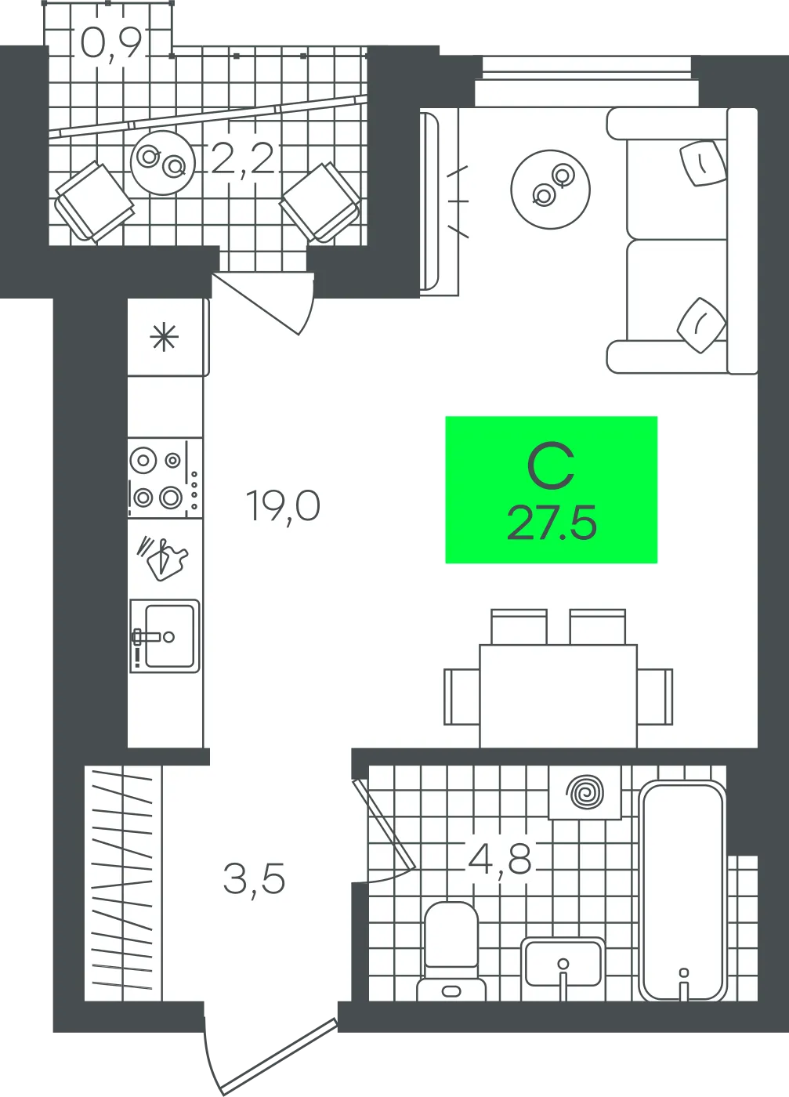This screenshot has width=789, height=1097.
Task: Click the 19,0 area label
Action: click(284, 507)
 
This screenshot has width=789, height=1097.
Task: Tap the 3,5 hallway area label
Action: click(254, 879)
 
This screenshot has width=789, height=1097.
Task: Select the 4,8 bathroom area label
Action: click(500, 860)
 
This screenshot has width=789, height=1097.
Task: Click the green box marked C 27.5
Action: click(551, 490)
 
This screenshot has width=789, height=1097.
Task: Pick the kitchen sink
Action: click(165, 635)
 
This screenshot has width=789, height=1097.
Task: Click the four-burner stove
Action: click(165, 478)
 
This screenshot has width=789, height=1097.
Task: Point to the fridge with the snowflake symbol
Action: click(167, 337)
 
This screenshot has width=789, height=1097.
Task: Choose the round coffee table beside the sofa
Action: click(551, 189)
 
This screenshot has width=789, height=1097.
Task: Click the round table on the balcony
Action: click(163, 163)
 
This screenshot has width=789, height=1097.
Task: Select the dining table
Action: click(559, 696)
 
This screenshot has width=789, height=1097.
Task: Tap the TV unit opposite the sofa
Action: click(440, 202)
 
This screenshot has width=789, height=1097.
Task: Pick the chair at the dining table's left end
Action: click(461, 697)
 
